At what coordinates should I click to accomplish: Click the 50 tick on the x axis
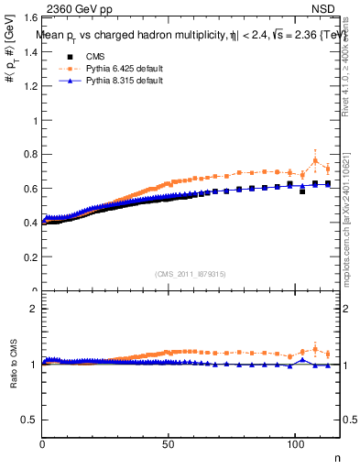point(169,443)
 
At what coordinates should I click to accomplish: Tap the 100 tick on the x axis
point(294,443)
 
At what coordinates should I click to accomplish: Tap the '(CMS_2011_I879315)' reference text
point(192,274)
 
